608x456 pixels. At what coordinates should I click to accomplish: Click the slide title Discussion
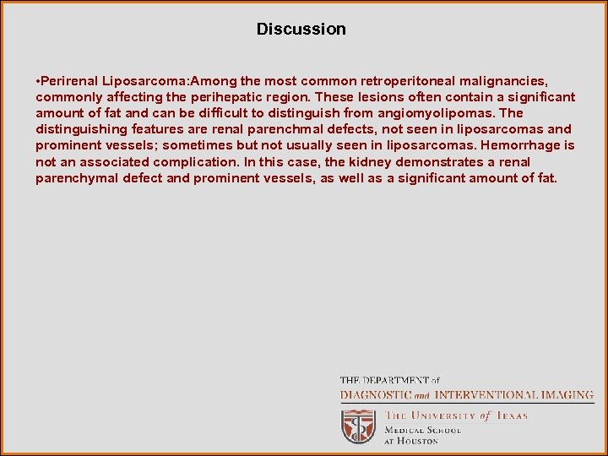tap(301, 30)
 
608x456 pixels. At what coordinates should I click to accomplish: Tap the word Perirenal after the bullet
tap(70, 81)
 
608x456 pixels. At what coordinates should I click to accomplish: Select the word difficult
tap(206, 113)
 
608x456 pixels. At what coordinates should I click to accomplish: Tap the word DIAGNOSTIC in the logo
tap(376, 395)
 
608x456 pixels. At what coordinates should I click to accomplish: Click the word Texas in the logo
tap(511, 415)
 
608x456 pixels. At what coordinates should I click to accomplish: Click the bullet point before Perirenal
tap(38, 81)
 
